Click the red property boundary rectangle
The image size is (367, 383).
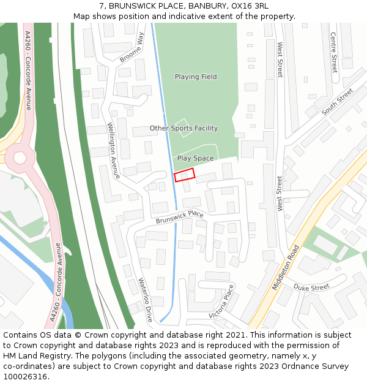(x=185, y=175)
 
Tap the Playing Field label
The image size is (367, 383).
(x=196, y=77)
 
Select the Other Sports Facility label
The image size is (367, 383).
(x=183, y=129)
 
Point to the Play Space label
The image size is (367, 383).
(x=196, y=158)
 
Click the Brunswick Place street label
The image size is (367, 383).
(x=179, y=217)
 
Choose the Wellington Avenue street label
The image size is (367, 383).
(x=114, y=151)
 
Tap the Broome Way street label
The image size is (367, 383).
(x=132, y=48)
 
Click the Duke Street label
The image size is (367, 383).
(x=311, y=287)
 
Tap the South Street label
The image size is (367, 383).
(x=338, y=102)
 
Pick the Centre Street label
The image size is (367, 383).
(x=333, y=52)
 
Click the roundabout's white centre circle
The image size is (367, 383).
(x=19, y=158)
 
